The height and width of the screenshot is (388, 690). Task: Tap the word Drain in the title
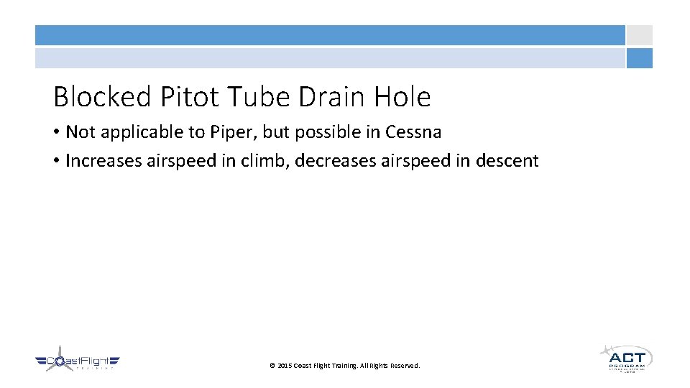coord(330,96)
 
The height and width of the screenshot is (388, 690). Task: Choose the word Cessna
coord(413,132)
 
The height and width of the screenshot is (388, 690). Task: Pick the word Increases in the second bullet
coord(103,161)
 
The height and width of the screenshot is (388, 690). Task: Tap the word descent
coord(506,161)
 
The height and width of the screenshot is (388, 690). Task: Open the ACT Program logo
coord(626,358)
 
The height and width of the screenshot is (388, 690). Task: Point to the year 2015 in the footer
coord(285,366)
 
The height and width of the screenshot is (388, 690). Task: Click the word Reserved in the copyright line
coord(405,366)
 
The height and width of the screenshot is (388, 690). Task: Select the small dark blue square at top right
coord(639,58)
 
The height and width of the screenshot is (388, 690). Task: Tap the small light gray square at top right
coord(639,35)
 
